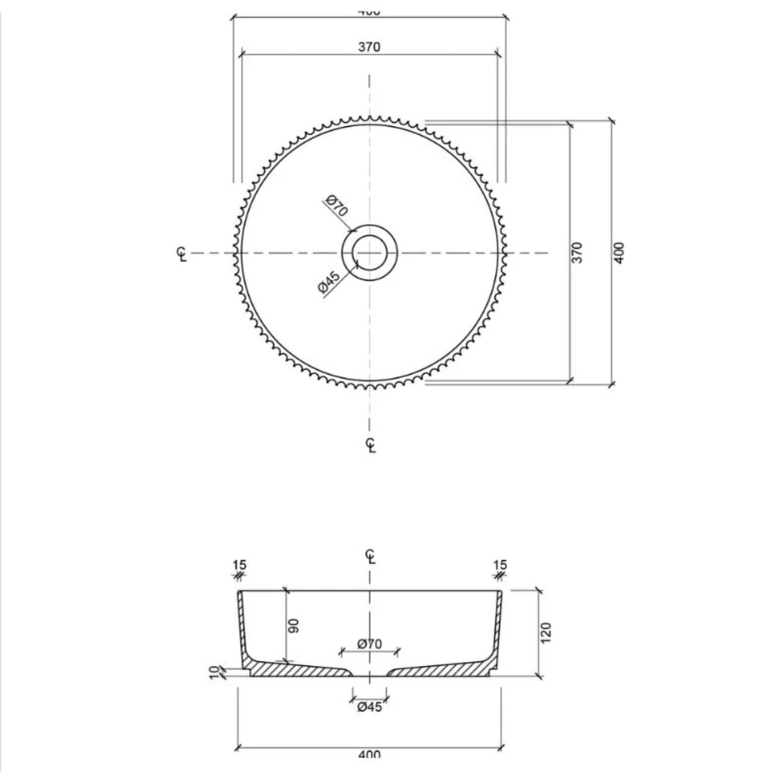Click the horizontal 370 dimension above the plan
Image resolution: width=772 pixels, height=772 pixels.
click(x=369, y=47)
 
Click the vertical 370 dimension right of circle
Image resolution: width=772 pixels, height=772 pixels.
click(x=578, y=252)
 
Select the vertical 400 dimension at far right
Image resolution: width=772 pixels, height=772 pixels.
click(x=620, y=252)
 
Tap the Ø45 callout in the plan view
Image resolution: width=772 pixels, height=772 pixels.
click(x=330, y=283)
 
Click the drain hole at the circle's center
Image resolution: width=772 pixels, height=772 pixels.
click(x=370, y=252)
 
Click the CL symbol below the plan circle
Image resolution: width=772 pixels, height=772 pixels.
click(x=371, y=445)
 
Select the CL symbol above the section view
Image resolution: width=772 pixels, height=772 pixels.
click(x=371, y=556)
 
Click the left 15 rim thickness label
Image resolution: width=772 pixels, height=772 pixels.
click(x=239, y=565)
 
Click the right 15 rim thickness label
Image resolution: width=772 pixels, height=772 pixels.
click(x=500, y=565)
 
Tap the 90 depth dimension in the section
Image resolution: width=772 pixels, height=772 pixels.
click(x=294, y=626)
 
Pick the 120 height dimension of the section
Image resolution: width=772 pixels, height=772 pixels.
click(x=546, y=632)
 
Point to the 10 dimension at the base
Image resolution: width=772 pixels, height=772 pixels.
click(x=215, y=673)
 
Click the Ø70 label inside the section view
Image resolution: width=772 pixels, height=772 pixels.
click(x=370, y=644)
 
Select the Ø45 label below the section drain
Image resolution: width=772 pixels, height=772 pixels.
click(x=370, y=707)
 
